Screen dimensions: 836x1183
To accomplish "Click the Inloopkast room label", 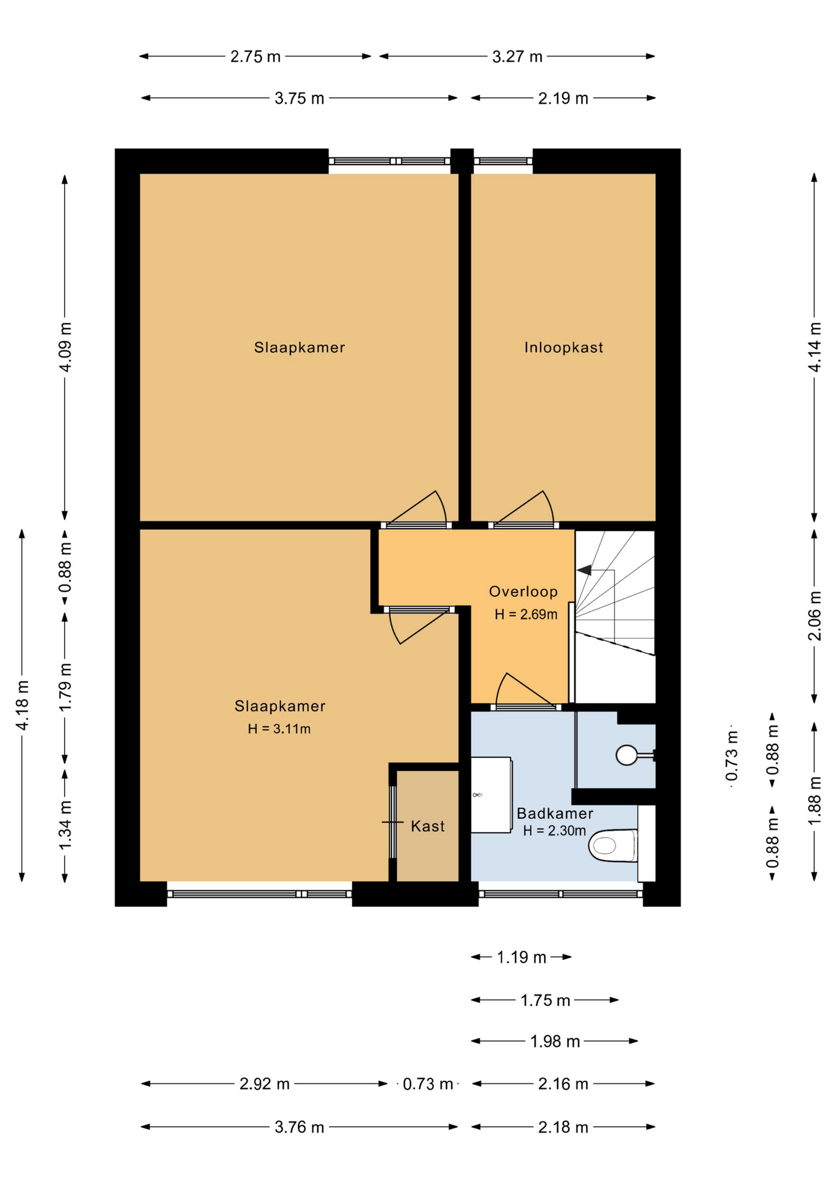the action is (x=563, y=348).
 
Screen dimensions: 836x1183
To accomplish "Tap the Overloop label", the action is (x=523, y=591).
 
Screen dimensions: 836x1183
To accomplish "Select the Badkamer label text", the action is (x=555, y=813).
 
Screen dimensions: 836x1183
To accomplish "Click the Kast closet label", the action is (x=427, y=826).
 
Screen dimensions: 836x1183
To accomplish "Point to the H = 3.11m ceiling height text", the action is (x=279, y=729).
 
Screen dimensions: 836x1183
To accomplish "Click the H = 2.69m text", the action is (x=526, y=614).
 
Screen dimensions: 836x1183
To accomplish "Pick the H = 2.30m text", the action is (x=554, y=831).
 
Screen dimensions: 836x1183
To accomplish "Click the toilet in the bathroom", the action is (x=613, y=845).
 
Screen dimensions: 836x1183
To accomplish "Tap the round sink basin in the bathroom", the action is (x=627, y=755).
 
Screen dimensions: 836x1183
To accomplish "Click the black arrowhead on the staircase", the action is (x=584, y=570).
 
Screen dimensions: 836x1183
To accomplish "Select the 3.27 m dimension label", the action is (x=517, y=57).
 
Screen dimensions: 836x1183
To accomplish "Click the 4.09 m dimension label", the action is (x=65, y=347).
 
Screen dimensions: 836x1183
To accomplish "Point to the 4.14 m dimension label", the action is (x=814, y=347).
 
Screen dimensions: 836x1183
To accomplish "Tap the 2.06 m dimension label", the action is (x=814, y=616).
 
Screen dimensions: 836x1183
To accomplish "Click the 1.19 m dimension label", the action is (x=521, y=957).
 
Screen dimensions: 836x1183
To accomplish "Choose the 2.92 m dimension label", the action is (x=265, y=1084).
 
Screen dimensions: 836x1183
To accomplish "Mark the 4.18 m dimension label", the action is (x=23, y=705).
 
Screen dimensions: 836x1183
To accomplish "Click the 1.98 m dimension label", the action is (x=555, y=1041).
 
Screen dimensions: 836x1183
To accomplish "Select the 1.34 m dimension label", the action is (x=65, y=825).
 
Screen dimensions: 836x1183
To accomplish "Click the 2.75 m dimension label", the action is (x=255, y=57).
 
